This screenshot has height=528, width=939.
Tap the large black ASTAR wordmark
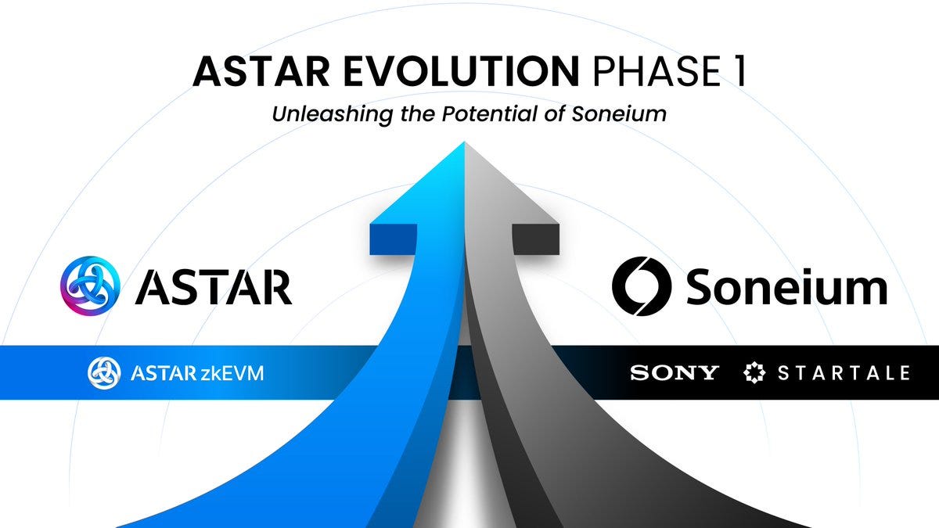(x=213, y=287)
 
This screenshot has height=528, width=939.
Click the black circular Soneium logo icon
(x=642, y=287)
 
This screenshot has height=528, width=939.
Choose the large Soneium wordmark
(x=786, y=287)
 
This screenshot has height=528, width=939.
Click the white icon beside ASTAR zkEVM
(x=103, y=373)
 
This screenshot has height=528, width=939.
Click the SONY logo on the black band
(x=674, y=373)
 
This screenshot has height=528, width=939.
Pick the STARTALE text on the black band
(x=844, y=373)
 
